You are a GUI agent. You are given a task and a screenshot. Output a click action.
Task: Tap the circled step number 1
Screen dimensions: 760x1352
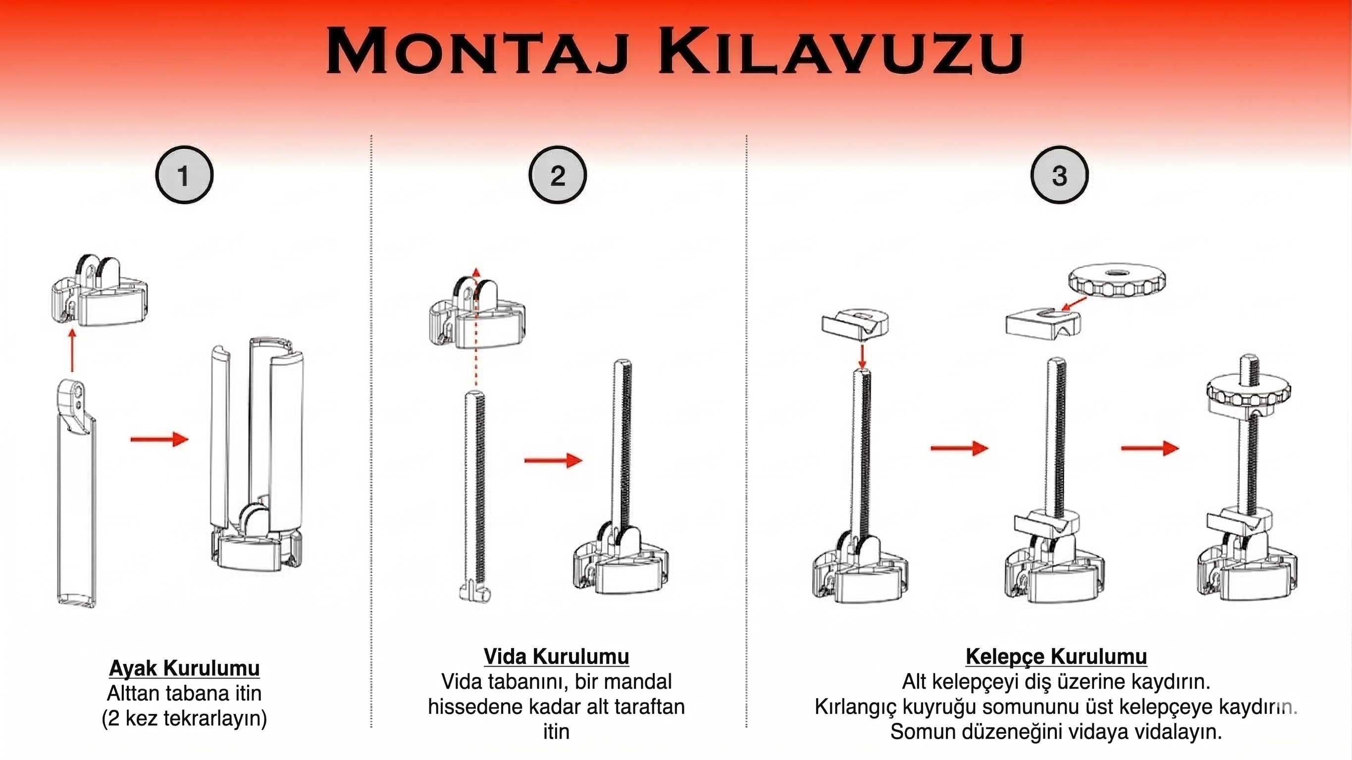click(x=184, y=175)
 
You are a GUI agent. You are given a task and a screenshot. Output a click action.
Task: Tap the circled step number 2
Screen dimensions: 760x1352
click(x=557, y=175)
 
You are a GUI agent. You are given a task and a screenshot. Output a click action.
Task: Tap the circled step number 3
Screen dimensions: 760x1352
click(x=1059, y=175)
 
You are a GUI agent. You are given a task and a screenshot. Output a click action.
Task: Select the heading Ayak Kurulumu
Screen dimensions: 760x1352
click(x=184, y=668)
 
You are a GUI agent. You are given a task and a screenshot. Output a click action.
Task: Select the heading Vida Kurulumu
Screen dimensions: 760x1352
click(x=556, y=657)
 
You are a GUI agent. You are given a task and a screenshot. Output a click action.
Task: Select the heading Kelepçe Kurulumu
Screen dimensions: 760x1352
click(x=1056, y=657)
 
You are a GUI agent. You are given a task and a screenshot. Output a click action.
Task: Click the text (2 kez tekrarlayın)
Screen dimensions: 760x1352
click(x=184, y=717)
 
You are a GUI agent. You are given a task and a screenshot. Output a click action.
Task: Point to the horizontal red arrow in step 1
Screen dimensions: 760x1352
click(x=159, y=439)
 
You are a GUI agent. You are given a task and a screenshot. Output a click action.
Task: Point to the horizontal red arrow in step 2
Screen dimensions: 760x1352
click(x=553, y=461)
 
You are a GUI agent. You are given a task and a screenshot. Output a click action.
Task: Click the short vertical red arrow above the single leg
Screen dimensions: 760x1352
click(x=72, y=350)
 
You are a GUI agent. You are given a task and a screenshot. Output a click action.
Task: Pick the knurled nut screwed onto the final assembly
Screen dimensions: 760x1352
click(x=1248, y=393)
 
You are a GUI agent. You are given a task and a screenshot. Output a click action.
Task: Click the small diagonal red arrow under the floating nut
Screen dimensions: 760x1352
click(x=1073, y=304)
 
